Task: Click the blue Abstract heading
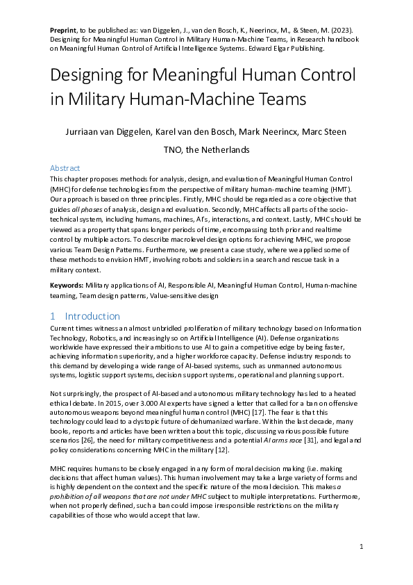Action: [x=65, y=168]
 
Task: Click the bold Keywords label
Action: [x=69, y=286]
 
